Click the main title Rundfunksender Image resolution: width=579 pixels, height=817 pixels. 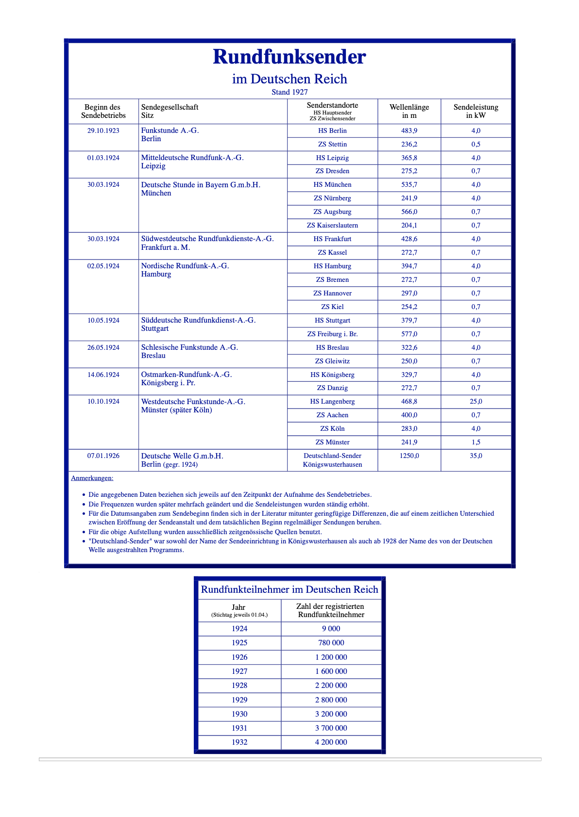click(289, 57)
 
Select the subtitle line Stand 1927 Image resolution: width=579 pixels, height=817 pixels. click(289, 92)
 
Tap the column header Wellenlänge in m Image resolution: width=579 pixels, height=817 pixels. click(409, 111)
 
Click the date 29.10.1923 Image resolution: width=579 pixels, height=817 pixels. click(103, 131)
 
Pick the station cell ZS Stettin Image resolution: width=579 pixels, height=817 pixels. click(332, 144)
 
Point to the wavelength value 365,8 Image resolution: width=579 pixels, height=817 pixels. click(409, 158)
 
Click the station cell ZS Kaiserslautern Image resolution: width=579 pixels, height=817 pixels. click(332, 225)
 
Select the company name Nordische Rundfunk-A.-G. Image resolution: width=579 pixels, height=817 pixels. click(185, 266)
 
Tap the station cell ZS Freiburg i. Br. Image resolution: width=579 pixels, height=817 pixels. click(332, 334)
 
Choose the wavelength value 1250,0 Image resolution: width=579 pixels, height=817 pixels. click(409, 456)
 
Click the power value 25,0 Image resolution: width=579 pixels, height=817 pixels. click(476, 401)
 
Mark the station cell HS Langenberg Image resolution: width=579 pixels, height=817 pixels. click(332, 401)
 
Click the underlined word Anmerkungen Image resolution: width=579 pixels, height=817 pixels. click(92, 478)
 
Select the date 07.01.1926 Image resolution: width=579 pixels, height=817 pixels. click(103, 456)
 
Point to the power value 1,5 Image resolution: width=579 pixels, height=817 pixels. click(476, 442)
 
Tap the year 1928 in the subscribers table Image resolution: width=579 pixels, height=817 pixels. click(239, 685)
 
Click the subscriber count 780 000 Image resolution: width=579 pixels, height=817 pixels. click(331, 642)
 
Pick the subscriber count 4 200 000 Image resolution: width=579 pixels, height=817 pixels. click(331, 742)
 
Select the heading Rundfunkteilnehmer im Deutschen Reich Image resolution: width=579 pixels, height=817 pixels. click(289, 589)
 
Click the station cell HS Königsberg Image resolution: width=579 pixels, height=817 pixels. click(332, 375)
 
